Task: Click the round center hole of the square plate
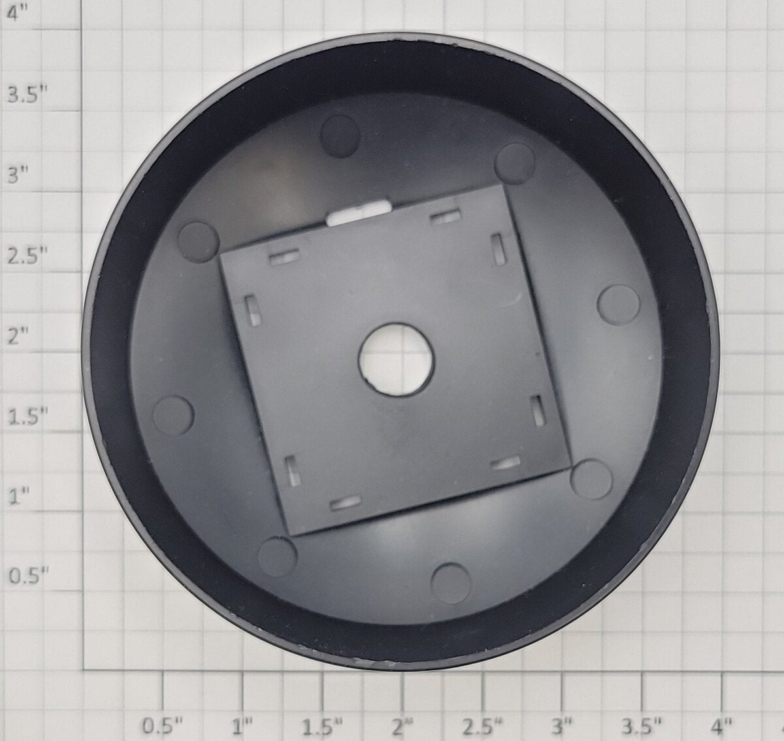[396, 360]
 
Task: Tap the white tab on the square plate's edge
[359, 213]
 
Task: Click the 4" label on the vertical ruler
[18, 14]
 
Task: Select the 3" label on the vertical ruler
[18, 174]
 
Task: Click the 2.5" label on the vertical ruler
[27, 255]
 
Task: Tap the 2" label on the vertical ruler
[18, 336]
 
